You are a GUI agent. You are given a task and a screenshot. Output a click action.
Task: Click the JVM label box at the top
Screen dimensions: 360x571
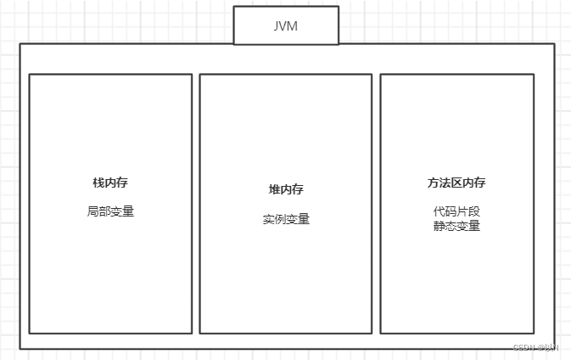pyautogui.click(x=286, y=25)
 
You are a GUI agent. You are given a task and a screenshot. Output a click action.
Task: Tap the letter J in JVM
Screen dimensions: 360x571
pyautogui.click(x=277, y=25)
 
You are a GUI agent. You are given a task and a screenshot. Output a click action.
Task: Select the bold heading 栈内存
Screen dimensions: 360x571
pyautogui.click(x=110, y=183)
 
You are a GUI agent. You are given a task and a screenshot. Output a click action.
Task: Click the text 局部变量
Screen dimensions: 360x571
pyautogui.click(x=110, y=211)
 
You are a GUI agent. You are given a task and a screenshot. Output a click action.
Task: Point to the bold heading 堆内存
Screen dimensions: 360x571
pyautogui.click(x=286, y=189)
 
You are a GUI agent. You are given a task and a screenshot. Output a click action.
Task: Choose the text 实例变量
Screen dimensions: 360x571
pyautogui.click(x=286, y=219)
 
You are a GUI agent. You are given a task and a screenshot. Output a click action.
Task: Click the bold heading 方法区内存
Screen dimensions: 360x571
pyautogui.click(x=456, y=183)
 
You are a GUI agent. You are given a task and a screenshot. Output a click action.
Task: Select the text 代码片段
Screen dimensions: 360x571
pyautogui.click(x=456, y=211)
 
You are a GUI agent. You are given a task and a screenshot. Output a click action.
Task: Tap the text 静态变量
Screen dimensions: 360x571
pyautogui.click(x=456, y=226)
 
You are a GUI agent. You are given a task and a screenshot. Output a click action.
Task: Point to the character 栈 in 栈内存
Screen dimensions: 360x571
pyautogui.click(x=98, y=183)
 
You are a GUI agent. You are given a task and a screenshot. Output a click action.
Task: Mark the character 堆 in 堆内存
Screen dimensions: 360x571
pyautogui.click(x=274, y=189)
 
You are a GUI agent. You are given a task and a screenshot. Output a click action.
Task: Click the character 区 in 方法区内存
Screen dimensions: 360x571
pyautogui.click(x=456, y=183)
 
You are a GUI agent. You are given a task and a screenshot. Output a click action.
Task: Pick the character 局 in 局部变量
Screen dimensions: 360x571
pyautogui.click(x=92, y=211)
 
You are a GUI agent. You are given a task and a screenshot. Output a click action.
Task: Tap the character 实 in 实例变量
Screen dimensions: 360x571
pyautogui.click(x=268, y=219)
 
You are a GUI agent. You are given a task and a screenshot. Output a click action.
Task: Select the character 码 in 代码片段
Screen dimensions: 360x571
pyautogui.click(x=451, y=211)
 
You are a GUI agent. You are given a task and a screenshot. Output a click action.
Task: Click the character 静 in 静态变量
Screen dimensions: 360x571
pyautogui.click(x=439, y=226)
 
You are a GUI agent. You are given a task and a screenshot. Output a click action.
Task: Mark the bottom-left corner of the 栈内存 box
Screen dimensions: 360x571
pyautogui.click(x=30, y=333)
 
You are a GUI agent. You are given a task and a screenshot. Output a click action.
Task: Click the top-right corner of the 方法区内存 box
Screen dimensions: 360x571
pyautogui.click(x=534, y=75)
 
